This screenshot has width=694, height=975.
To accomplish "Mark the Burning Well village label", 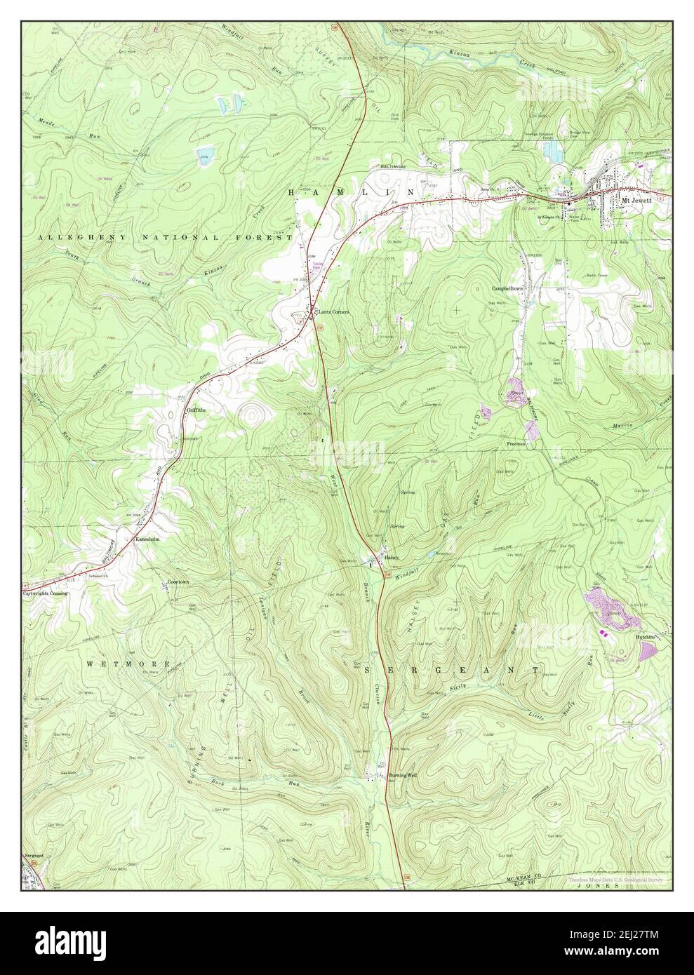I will tap(403, 775).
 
